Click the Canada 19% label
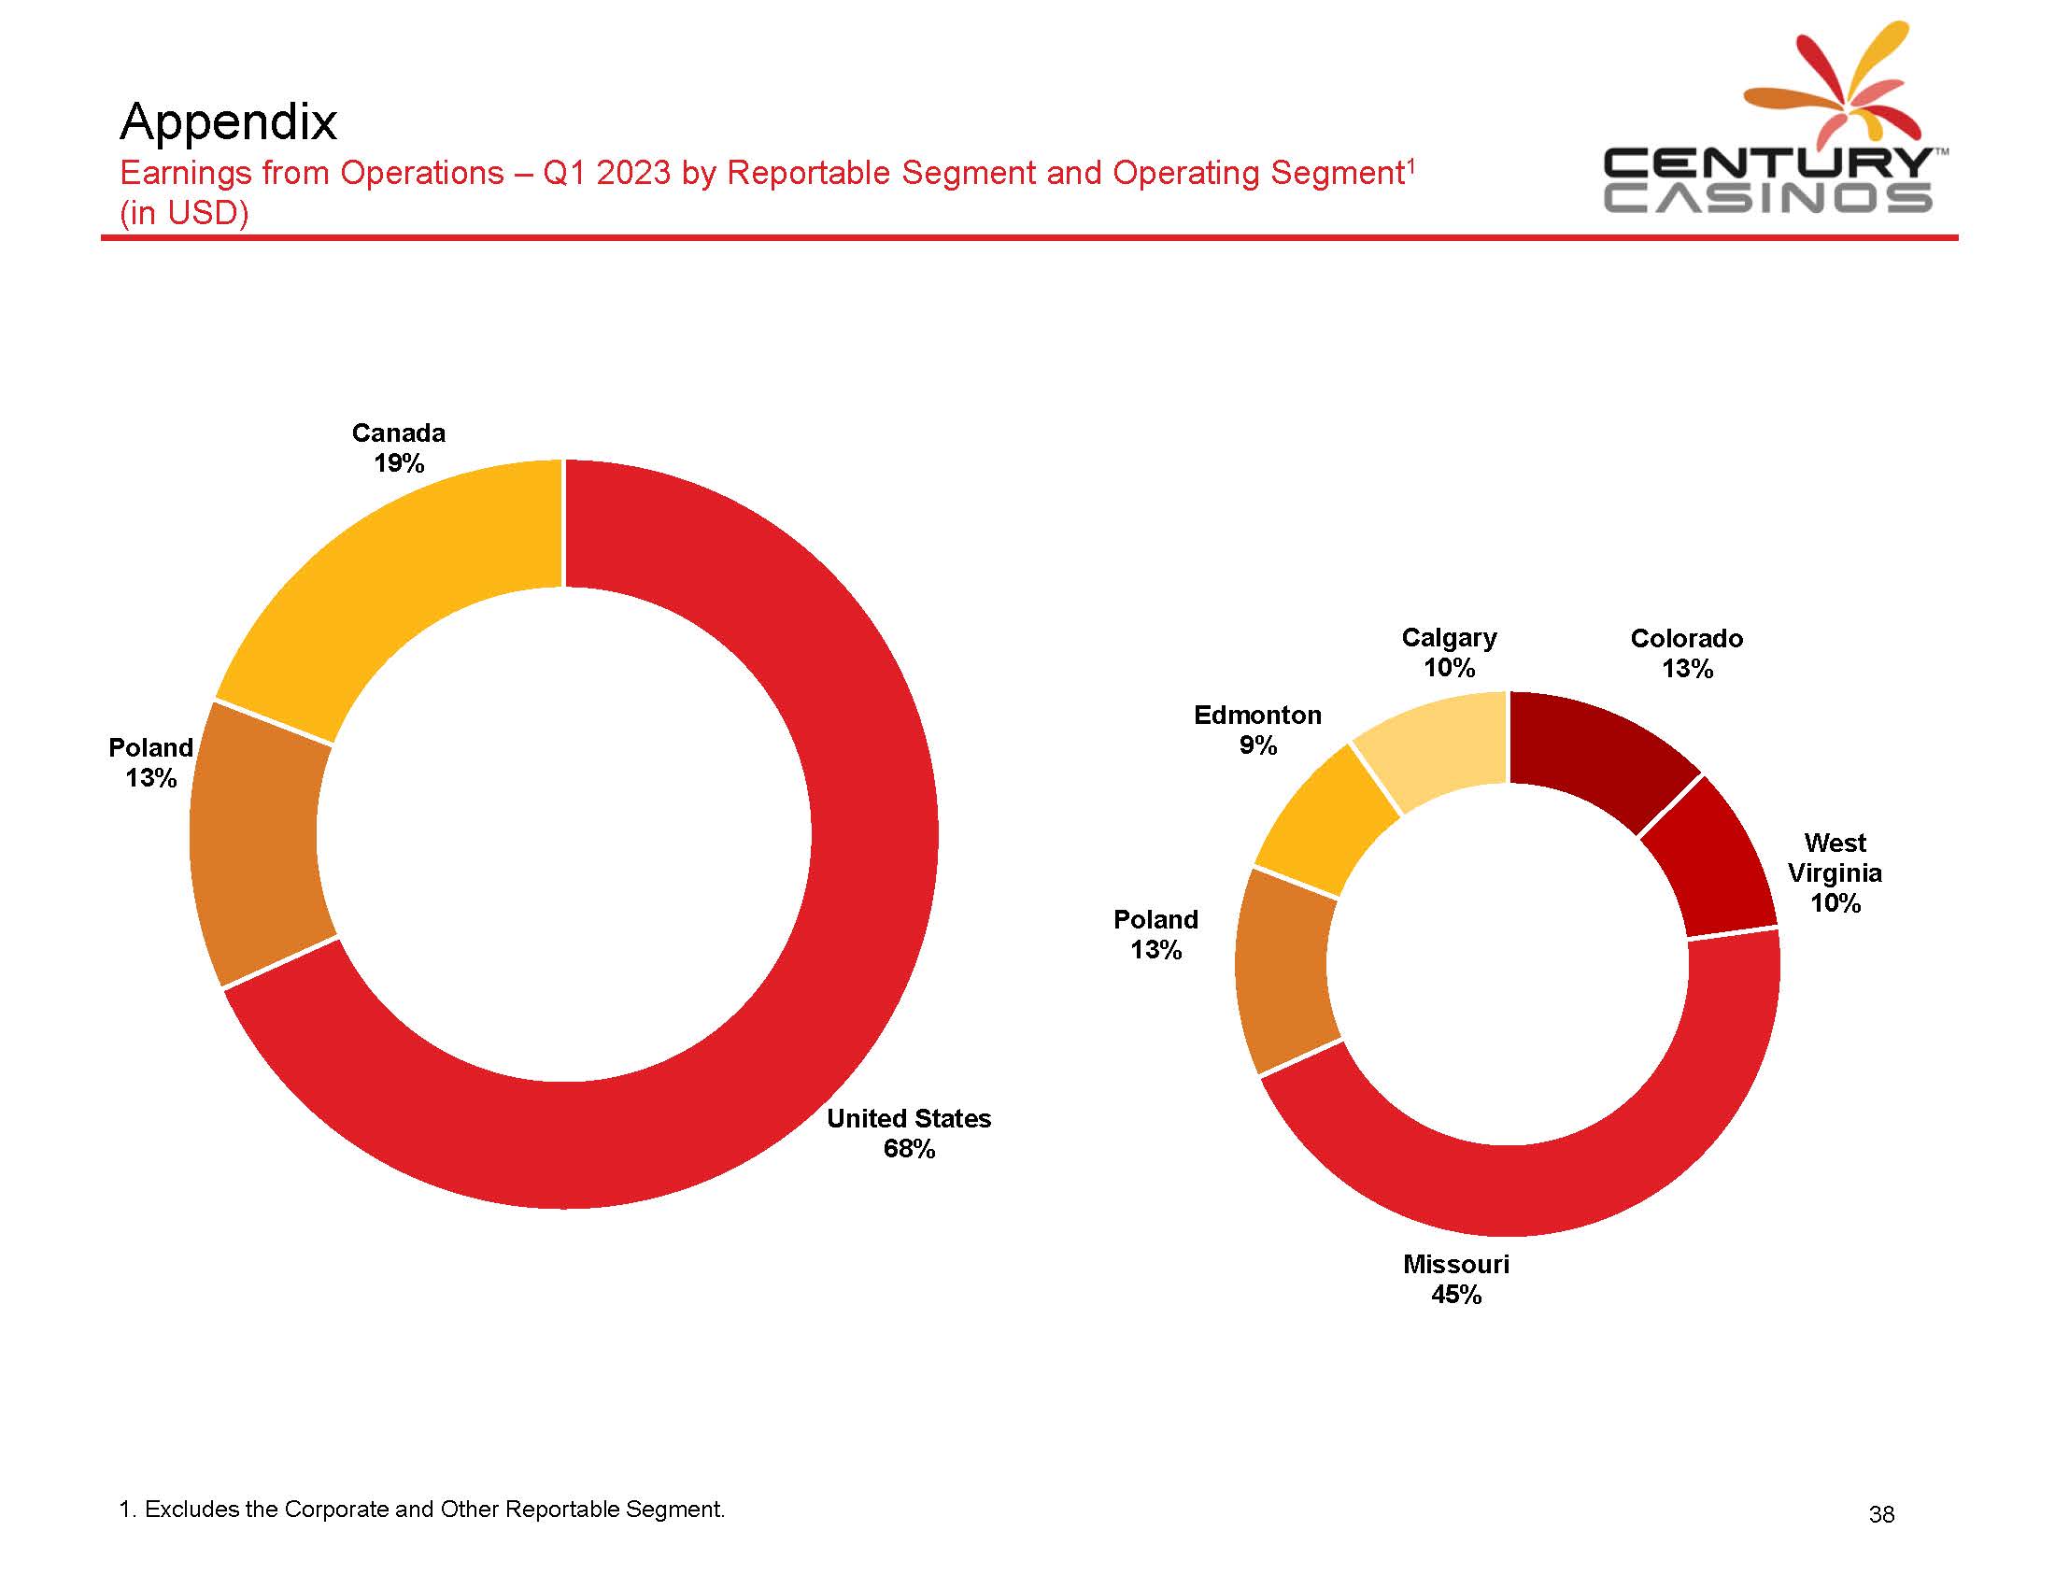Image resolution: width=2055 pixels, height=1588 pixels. point(398,447)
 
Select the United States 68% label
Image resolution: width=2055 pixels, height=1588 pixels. point(909,1133)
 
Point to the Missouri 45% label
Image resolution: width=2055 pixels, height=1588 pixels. point(1455,1279)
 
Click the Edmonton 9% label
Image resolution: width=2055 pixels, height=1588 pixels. point(1257,730)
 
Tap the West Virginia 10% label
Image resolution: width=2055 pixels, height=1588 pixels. point(1834,872)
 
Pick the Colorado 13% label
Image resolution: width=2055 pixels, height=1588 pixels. point(1686,653)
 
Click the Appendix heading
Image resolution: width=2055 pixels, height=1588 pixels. point(229,121)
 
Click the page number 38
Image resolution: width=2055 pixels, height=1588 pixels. point(1881,1513)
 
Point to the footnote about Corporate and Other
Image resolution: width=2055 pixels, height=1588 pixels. point(422,1509)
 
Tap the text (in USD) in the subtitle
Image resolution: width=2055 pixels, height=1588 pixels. point(184,214)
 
